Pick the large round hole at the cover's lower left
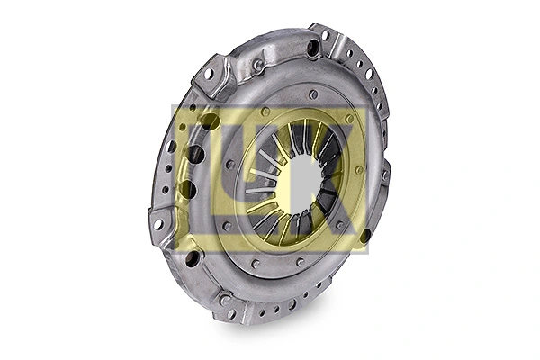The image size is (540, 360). (x=192, y=258)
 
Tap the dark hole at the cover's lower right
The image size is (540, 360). (x=364, y=236)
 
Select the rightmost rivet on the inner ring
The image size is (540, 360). (x=359, y=168)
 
